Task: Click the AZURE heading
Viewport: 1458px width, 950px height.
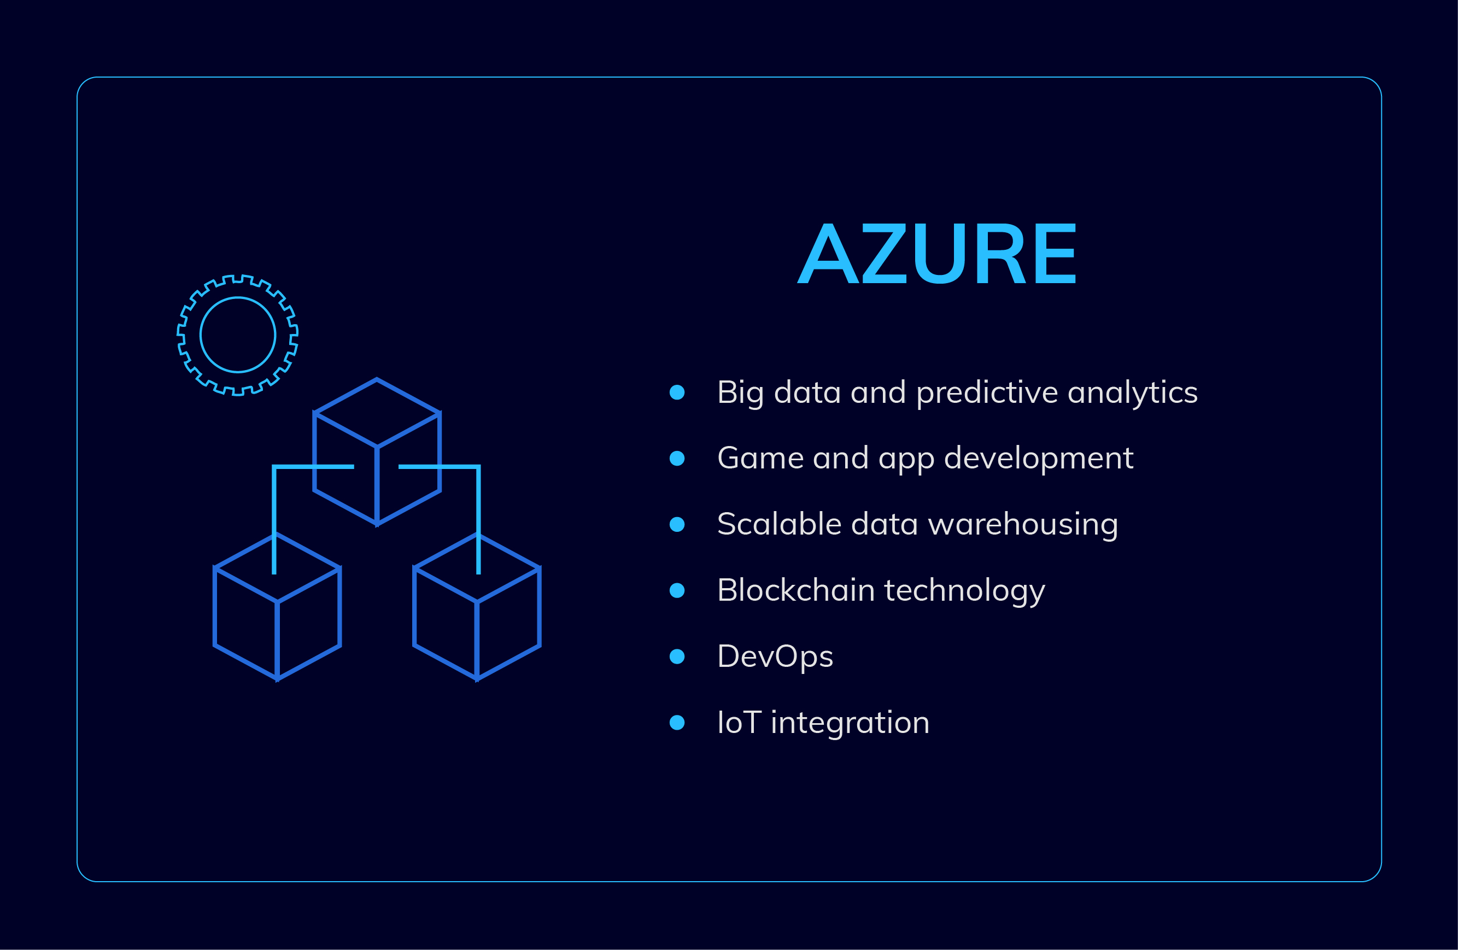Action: click(936, 254)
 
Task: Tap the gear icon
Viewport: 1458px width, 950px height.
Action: click(238, 335)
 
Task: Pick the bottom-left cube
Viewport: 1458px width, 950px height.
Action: click(277, 607)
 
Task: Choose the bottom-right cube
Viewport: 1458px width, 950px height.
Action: click(477, 607)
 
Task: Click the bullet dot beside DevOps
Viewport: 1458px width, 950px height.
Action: click(677, 656)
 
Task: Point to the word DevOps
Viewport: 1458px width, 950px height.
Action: click(775, 656)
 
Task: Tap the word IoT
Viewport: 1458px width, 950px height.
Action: click(739, 723)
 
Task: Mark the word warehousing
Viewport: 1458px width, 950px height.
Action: click(1023, 525)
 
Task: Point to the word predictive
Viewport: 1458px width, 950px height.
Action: click(987, 393)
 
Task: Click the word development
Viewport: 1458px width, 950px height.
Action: click(1038, 459)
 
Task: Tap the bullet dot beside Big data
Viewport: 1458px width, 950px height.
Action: click(677, 392)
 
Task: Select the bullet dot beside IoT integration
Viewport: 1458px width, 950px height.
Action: click(677, 723)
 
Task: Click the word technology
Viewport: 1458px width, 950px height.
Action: click(964, 591)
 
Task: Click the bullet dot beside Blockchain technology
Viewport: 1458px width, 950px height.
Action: click(677, 590)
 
